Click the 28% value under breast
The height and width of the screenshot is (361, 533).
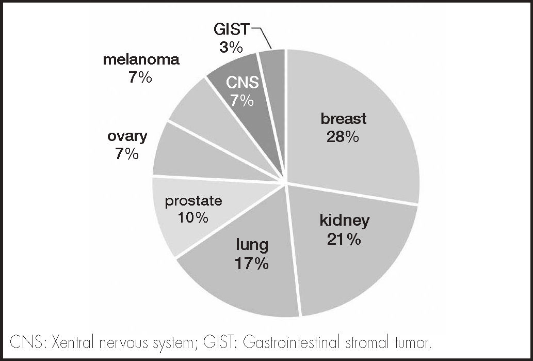(343, 137)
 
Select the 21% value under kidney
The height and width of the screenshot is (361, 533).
(344, 240)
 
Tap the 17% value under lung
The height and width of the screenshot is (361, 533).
(252, 264)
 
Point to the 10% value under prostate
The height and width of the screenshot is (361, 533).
(193, 217)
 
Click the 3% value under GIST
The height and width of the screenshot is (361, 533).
(231, 48)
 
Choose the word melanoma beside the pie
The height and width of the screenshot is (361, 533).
(141, 60)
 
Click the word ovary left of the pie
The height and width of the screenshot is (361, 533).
(127, 137)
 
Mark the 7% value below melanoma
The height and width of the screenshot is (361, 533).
(140, 78)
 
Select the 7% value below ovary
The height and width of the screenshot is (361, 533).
(127, 154)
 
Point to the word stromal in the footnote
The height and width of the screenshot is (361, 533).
(368, 342)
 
